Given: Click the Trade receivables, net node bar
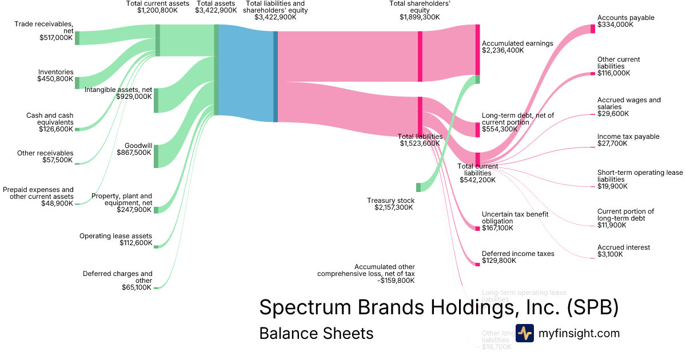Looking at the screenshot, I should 77,38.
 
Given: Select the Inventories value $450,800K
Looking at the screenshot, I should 55,79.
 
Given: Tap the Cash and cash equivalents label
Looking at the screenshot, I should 50,118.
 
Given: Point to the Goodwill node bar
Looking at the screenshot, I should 156,156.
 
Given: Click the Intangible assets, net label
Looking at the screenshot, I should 118,90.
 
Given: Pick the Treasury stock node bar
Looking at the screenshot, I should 418,187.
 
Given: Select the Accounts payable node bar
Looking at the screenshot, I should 593,29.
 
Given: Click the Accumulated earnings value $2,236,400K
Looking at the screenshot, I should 503,50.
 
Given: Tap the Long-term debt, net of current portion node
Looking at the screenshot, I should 478,130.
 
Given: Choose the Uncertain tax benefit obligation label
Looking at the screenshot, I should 515,217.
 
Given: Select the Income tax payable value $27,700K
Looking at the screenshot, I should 612,143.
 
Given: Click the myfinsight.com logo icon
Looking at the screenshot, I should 524,333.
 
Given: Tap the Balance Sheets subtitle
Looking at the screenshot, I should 316,333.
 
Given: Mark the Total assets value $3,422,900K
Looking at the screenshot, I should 216,10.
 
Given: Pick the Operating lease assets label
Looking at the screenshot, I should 115,236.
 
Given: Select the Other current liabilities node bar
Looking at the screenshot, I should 593,74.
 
